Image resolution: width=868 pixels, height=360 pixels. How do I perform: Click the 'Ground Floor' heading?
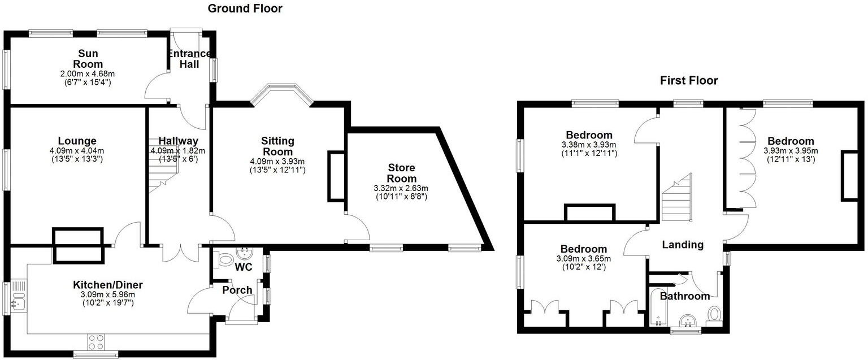tap(245, 8)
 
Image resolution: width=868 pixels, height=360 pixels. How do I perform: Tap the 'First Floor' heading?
tap(689, 81)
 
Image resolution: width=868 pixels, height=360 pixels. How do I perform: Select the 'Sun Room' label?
tap(80, 58)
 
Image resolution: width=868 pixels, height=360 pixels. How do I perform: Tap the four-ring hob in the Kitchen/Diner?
tap(96, 341)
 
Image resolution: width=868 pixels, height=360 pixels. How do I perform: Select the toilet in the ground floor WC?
tap(225, 260)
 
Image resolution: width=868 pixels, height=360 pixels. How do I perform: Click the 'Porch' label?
tap(237, 290)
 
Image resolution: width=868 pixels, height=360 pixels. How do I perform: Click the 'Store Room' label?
tap(401, 173)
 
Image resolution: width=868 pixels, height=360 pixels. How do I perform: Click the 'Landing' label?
tap(683, 245)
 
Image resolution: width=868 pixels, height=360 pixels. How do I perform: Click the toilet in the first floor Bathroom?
tap(714, 314)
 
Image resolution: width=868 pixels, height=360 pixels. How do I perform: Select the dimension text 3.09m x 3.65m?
tap(583, 259)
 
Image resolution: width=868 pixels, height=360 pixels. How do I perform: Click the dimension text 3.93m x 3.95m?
tap(790, 151)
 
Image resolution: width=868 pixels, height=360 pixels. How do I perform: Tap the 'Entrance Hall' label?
tap(189, 59)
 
